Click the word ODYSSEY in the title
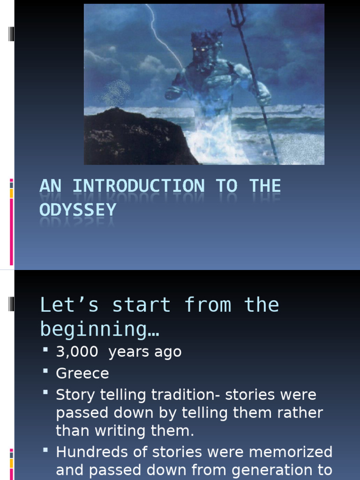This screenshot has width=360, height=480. (78, 210)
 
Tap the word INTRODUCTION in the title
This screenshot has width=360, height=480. (138, 186)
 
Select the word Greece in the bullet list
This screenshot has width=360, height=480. (82, 374)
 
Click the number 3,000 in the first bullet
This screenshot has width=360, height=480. (77, 352)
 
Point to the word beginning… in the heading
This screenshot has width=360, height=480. (99, 330)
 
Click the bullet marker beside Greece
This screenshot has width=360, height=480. (45, 371)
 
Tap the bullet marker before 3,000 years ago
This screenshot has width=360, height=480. (45, 349)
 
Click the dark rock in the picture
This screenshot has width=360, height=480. (131, 138)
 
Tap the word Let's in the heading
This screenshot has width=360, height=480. (69, 305)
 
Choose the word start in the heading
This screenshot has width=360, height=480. (141, 305)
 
